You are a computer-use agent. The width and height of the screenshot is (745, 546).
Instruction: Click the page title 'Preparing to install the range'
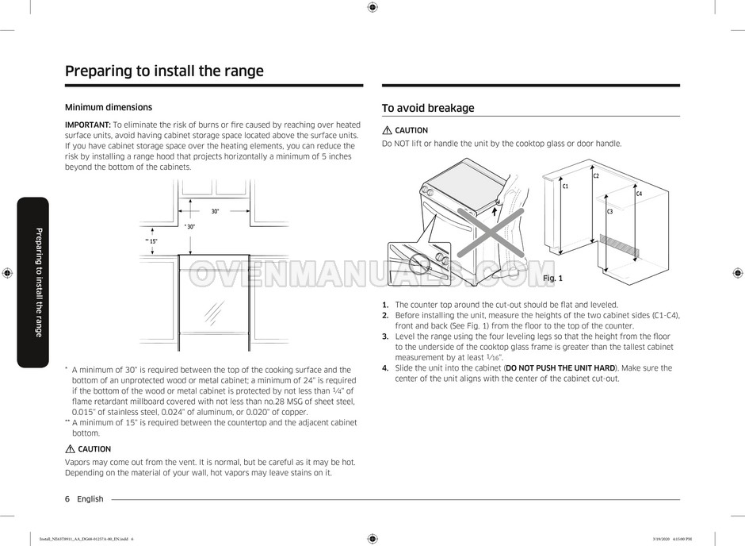164,71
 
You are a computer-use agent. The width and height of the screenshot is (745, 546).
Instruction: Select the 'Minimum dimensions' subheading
108,107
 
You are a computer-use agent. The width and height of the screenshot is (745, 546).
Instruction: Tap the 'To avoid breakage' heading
428,108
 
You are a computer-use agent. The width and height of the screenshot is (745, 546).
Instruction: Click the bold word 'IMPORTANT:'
87,125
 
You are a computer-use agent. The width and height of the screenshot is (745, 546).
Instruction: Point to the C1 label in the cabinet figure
565,186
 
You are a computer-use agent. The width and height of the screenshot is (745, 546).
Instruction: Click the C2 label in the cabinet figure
596,176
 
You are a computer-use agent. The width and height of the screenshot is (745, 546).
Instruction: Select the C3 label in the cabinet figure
609,212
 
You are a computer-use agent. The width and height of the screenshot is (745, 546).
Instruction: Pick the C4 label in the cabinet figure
639,194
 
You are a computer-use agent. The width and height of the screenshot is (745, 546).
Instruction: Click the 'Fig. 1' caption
552,279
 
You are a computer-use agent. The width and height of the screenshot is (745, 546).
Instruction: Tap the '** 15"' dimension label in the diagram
151,240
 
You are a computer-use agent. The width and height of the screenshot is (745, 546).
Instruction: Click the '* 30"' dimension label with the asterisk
189,227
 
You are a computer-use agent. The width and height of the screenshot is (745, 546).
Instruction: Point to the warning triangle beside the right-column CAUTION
387,130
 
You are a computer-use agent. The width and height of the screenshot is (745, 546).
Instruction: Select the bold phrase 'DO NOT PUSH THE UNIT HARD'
560,368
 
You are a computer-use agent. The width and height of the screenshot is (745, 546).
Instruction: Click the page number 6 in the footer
67,499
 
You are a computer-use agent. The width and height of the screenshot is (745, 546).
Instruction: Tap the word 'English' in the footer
90,499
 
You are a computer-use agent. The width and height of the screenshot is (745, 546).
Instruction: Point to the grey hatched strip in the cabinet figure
617,244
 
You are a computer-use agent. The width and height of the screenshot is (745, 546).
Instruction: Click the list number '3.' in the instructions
385,336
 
